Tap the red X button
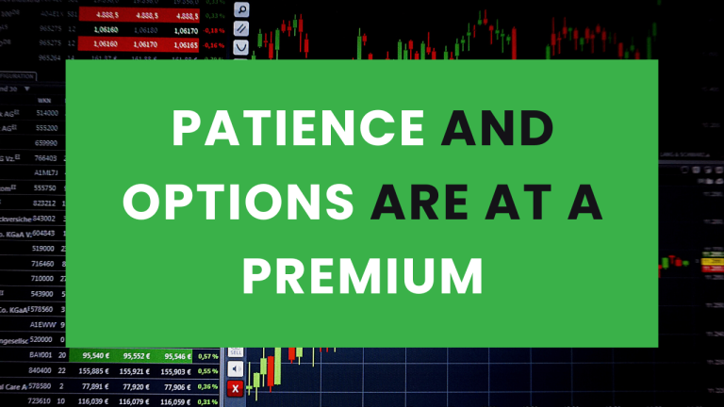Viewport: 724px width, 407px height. [236, 387]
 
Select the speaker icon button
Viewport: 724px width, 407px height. [236, 369]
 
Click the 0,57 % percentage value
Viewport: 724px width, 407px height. [206, 356]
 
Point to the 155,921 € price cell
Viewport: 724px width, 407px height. [137, 371]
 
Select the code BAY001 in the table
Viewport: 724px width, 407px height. [41, 356]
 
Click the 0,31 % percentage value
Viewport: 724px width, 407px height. [206, 401]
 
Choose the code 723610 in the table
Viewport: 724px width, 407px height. [39, 401]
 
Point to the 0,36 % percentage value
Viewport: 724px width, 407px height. [206, 386]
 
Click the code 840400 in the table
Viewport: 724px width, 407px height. [39, 371]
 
